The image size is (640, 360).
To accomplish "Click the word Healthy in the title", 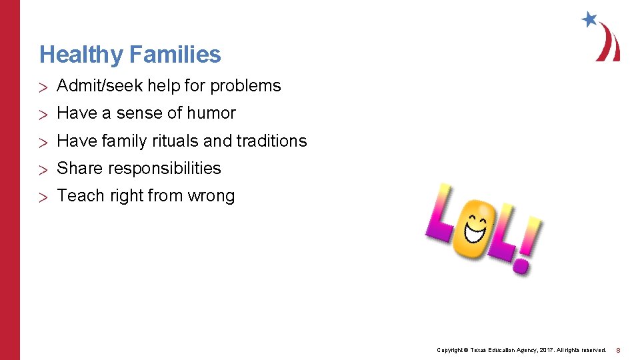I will tap(80, 55).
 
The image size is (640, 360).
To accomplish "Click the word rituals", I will tap(173, 141).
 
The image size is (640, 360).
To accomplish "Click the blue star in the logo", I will tap(589, 19).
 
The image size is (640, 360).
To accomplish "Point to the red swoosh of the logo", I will tap(609, 44).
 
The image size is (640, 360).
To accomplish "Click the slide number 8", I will tap(618, 350).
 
